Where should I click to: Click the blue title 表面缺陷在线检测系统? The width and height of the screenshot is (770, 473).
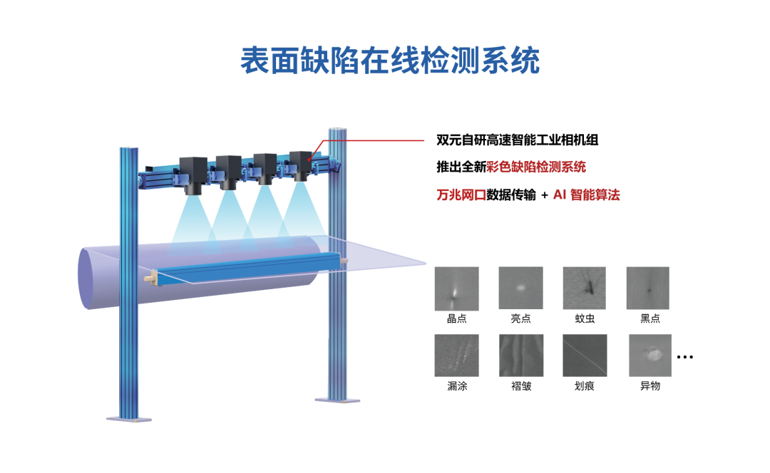click(389, 61)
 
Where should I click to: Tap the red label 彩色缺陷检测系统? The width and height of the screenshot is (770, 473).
click(535, 167)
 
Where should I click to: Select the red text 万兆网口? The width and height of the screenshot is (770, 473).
click(461, 195)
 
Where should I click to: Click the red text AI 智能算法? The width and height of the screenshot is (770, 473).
click(586, 195)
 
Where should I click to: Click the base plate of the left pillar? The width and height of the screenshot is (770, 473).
click(129, 418)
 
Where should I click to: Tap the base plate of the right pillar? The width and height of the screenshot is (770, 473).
click(337, 400)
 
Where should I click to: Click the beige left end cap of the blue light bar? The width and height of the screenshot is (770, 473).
click(150, 276)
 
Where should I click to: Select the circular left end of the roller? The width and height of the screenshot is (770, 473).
click(88, 278)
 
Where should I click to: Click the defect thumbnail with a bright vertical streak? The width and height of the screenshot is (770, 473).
click(456, 289)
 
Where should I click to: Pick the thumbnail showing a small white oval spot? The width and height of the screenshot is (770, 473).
click(520, 288)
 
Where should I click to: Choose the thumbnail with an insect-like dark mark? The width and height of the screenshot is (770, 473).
click(584, 288)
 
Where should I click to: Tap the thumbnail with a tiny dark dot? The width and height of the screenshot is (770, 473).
click(647, 288)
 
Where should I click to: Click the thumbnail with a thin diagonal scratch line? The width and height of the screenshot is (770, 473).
click(585, 355)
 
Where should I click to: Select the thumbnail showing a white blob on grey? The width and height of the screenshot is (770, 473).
click(650, 355)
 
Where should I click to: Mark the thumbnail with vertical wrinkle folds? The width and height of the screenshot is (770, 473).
click(521, 355)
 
